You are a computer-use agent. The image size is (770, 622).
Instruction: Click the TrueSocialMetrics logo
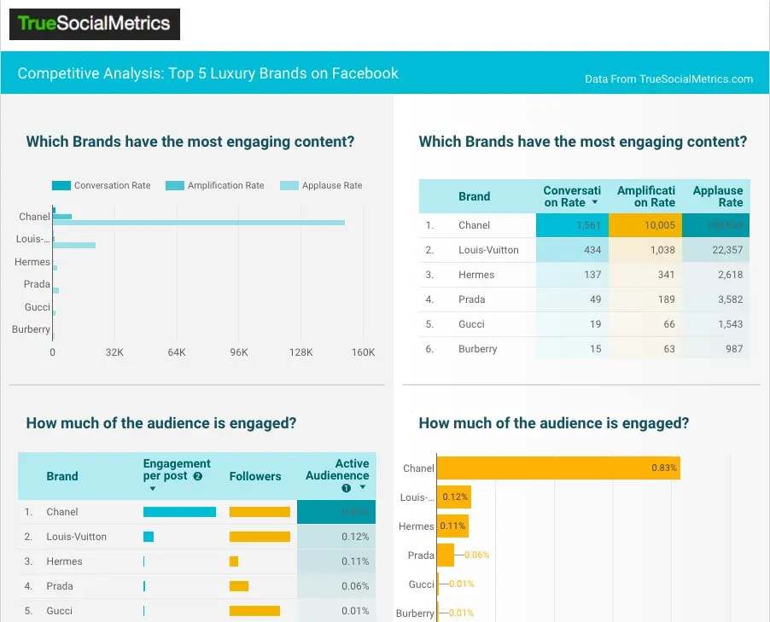95,24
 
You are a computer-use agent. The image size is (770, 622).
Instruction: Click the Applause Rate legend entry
331,185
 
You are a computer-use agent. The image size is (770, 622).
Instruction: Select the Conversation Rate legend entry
112,185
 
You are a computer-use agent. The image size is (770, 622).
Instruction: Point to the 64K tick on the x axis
177,352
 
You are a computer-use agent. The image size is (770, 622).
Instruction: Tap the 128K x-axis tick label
301,352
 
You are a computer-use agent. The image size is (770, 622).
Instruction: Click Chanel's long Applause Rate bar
198,223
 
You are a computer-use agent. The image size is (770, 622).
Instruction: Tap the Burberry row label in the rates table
478,348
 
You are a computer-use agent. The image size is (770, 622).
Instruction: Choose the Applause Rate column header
718,196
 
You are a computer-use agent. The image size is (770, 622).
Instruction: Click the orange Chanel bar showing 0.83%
558,468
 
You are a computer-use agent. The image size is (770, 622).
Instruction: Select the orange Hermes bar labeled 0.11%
452,526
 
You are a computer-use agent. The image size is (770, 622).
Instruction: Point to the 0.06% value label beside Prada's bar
477,555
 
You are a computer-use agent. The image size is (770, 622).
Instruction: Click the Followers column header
254,476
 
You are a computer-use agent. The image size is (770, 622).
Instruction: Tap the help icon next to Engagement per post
198,476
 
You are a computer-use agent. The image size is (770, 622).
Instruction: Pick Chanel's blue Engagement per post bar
179,512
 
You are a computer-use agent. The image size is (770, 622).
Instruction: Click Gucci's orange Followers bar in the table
254,611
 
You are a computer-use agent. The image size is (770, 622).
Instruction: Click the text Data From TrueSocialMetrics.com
668,78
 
